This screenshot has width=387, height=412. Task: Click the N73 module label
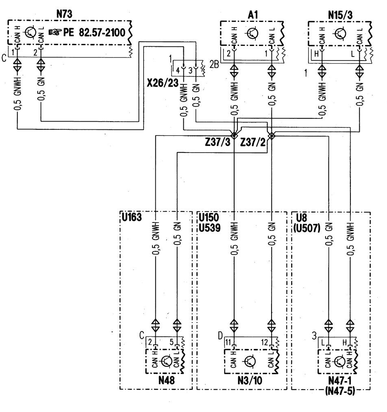[64, 14]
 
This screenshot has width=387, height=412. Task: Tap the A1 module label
[253, 15]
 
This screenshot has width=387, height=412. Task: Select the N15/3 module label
[340, 15]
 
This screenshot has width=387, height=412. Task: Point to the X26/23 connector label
[163, 83]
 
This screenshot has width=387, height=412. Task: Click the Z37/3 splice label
[217, 142]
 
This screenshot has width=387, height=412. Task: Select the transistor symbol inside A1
[252, 33]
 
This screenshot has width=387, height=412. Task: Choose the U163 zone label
[132, 217]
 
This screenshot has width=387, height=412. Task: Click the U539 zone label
[209, 227]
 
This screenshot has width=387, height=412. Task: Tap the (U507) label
[307, 227]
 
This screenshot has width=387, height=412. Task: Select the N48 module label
[166, 380]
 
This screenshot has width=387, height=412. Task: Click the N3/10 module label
[250, 380]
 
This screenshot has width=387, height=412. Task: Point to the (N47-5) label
[340, 391]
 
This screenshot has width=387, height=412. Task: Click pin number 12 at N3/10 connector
[264, 342]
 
